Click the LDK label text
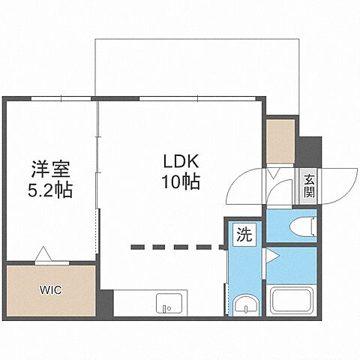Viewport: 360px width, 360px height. click(x=178, y=160)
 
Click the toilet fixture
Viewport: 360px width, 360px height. click(x=303, y=226)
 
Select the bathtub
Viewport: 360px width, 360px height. click(x=292, y=301)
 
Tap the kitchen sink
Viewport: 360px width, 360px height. click(x=166, y=304)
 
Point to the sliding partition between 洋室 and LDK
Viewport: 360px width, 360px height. click(x=98, y=172)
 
